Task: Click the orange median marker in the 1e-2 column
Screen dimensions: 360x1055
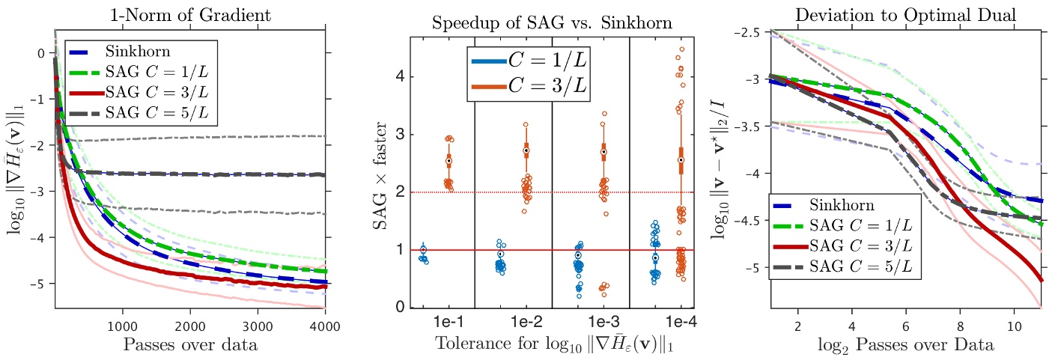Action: point(526,150)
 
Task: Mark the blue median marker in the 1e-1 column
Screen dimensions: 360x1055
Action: point(423,250)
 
